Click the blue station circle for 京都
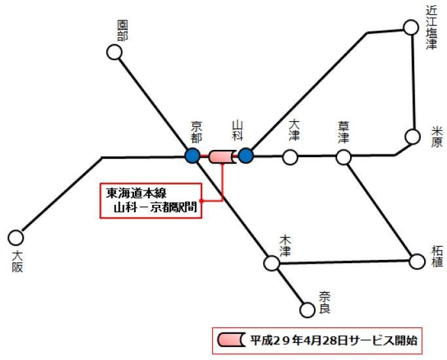192,156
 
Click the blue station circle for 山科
245,156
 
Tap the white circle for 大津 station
290,157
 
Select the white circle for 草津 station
344,157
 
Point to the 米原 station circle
412,136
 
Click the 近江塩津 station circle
410,27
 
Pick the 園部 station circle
115,52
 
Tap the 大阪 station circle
16,237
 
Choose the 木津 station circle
271,263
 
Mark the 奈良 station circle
306,309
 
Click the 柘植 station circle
417,261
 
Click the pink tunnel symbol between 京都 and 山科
222,156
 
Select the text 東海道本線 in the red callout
137,193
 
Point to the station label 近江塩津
430,26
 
